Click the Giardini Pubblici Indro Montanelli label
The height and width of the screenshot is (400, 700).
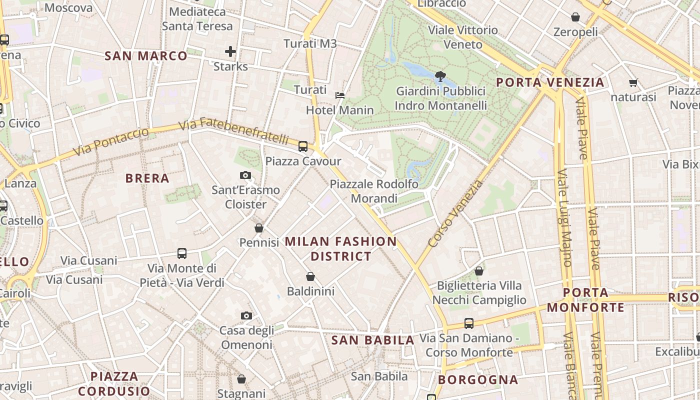click(x=440, y=98)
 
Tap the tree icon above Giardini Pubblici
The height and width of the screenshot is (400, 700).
click(x=440, y=76)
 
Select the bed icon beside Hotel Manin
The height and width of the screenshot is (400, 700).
click(x=340, y=95)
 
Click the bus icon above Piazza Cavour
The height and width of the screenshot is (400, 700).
click(x=303, y=146)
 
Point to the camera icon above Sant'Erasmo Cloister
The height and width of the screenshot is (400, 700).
click(x=245, y=175)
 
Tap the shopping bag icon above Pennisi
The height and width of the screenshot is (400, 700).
click(x=259, y=228)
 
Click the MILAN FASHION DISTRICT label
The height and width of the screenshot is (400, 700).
click(x=341, y=249)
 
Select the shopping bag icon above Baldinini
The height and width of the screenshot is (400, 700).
click(x=310, y=276)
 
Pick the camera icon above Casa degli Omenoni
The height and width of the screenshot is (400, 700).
click(x=246, y=315)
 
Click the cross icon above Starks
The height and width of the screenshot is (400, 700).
click(x=230, y=51)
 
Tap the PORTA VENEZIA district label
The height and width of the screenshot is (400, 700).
click(x=550, y=82)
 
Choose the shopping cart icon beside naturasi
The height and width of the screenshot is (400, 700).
click(x=633, y=83)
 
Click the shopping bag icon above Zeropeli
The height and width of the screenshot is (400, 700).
click(x=575, y=17)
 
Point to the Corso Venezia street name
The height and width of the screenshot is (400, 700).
click(x=456, y=213)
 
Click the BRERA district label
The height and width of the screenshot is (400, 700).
click(x=147, y=178)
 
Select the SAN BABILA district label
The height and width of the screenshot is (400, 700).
click(x=373, y=340)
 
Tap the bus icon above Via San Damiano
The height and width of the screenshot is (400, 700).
click(x=469, y=323)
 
